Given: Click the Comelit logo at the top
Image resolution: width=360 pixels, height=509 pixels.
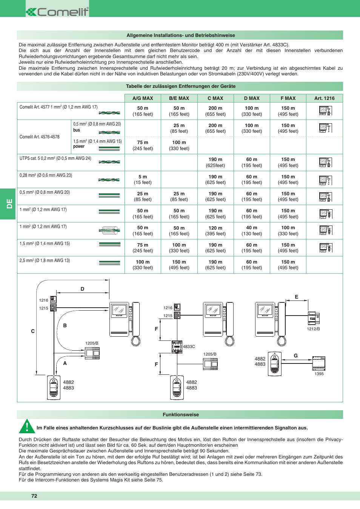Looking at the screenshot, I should [x=57, y=12].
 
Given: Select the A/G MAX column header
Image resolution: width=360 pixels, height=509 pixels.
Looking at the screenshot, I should [x=143, y=98].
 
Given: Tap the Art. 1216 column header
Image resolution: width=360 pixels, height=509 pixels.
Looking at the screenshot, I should [x=324, y=98].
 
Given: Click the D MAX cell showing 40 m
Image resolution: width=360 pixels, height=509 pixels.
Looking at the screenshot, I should [x=252, y=231].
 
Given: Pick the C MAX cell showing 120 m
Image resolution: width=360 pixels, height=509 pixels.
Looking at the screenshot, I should [x=215, y=231].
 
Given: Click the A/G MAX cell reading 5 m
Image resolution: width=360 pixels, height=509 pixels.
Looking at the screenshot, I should [x=143, y=179].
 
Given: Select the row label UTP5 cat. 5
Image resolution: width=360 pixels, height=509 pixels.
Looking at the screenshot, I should [x=55, y=158].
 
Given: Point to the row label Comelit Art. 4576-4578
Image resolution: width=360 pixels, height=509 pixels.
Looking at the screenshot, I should [x=40, y=137].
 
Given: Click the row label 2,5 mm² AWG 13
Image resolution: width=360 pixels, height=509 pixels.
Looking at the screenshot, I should [x=45, y=261].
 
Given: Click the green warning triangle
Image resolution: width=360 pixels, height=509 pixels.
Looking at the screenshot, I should [x=27, y=426].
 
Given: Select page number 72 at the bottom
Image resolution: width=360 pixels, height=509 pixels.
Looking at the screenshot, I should [x=34, y=496].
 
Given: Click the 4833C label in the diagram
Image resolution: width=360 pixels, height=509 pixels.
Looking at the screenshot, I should [x=189, y=346].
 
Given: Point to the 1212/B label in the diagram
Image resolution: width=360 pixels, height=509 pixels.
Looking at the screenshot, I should [x=313, y=329].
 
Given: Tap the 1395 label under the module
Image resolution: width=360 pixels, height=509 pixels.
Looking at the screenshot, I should [x=319, y=374].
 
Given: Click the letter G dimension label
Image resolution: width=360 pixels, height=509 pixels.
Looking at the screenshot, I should [x=295, y=356].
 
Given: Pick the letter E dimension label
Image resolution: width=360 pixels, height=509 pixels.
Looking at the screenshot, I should [x=296, y=297].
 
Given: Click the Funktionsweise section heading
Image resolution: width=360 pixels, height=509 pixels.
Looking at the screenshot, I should [x=180, y=415].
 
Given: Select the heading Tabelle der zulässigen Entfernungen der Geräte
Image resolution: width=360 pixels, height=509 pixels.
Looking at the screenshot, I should [x=180, y=86].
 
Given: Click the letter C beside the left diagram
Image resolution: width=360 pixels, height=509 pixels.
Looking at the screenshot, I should [x=33, y=331].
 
